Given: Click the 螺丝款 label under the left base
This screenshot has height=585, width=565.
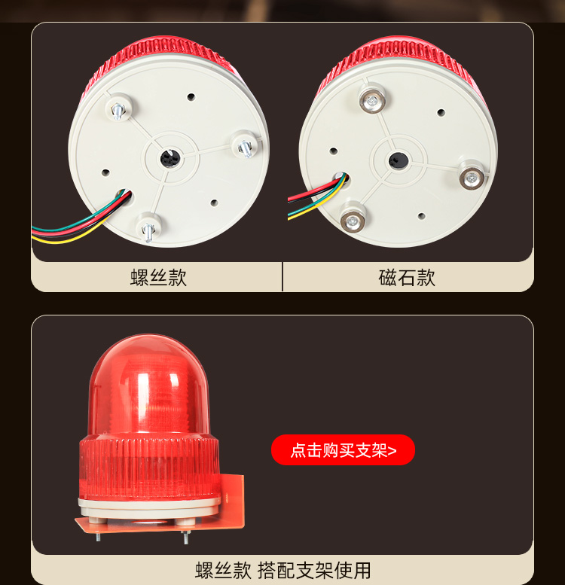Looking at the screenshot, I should click(x=158, y=277).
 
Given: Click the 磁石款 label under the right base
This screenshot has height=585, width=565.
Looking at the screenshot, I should click(x=407, y=277).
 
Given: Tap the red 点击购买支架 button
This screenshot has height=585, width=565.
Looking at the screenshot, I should click(x=343, y=450).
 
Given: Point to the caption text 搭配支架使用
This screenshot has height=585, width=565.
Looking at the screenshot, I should click(x=314, y=570).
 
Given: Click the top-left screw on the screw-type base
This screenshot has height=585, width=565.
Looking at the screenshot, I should click(x=119, y=110).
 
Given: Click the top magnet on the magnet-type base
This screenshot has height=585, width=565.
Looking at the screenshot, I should click(x=370, y=101).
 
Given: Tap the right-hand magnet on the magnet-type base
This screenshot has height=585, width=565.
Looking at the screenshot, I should click(x=472, y=177).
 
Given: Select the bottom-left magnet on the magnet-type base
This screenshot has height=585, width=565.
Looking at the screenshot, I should click(x=351, y=220).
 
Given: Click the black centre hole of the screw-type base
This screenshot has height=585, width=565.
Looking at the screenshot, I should click(x=167, y=158).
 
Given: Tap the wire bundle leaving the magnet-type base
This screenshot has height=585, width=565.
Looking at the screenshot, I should click(x=309, y=200).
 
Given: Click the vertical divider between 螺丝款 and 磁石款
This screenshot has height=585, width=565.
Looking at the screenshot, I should click(x=282, y=276).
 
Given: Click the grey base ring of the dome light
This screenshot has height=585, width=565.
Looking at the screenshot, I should click(x=149, y=501).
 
